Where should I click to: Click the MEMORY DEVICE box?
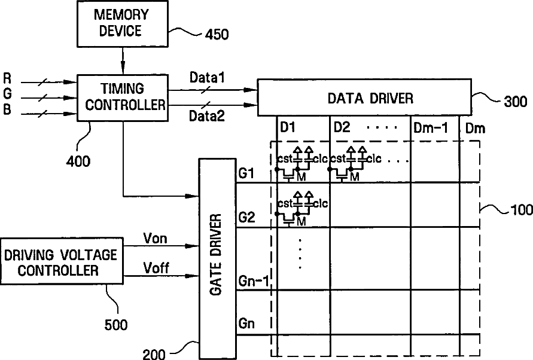[x=122, y=23]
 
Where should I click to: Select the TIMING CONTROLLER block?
[x=123, y=97]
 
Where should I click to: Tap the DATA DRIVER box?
[x=364, y=97]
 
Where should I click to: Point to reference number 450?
[x=216, y=35]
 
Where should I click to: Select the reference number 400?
[x=78, y=161]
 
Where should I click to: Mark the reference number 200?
[x=155, y=354]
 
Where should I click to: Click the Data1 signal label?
[x=207, y=77]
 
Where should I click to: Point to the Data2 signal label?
[x=208, y=115]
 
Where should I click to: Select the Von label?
[x=156, y=239]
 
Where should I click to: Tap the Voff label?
[x=156, y=268]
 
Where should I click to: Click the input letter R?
[x=7, y=78]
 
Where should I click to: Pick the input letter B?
[x=7, y=109]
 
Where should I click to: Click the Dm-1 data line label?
[x=431, y=127]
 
